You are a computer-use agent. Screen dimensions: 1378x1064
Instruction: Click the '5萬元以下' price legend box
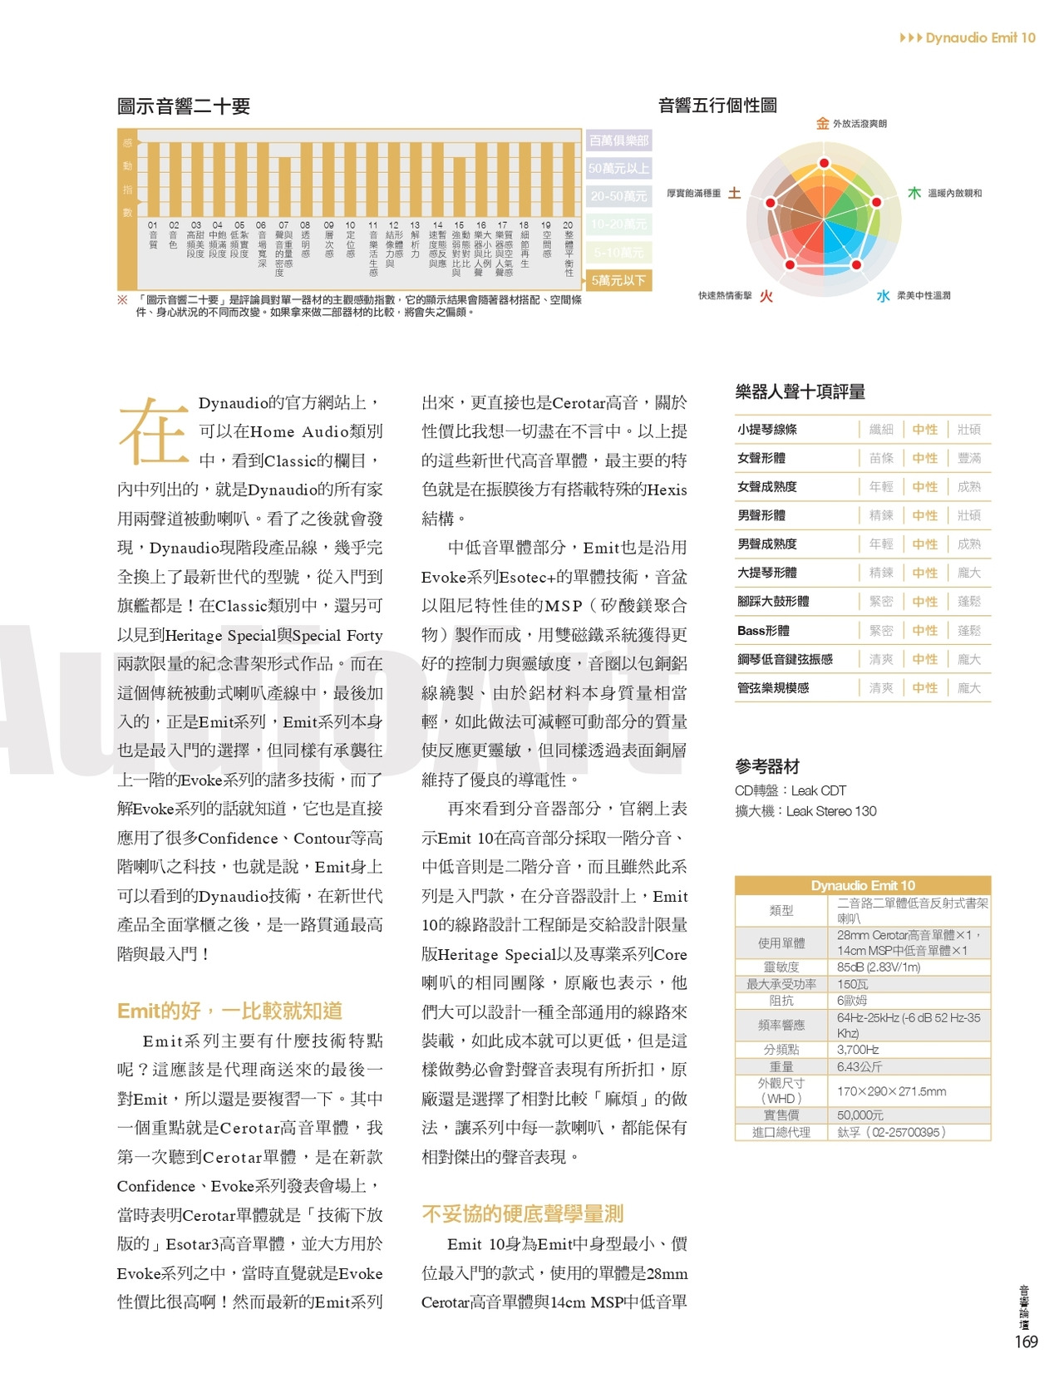[618, 280]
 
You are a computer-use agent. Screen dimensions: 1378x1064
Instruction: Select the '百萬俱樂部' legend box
[618, 140]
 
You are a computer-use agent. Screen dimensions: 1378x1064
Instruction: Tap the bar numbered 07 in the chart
[283, 186]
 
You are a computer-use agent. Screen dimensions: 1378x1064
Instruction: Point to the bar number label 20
[568, 225]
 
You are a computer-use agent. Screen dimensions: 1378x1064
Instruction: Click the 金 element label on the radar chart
[822, 124]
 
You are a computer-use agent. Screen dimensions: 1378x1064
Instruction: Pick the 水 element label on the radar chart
[883, 296]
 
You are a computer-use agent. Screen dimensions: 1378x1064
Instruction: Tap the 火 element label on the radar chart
[766, 296]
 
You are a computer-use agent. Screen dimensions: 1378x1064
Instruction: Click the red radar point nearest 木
[875, 202]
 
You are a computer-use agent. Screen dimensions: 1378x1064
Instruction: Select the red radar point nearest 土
[771, 202]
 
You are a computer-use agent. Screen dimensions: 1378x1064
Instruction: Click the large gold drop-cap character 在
[153, 431]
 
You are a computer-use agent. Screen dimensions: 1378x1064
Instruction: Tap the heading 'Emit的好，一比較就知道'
[229, 1011]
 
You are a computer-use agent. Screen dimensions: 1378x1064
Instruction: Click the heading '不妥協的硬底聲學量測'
[522, 1213]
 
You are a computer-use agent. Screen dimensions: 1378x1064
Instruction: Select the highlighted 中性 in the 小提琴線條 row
[924, 430]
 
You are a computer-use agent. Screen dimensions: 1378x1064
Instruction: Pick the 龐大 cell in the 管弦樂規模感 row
[969, 688]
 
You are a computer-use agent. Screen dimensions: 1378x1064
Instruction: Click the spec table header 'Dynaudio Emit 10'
[863, 885]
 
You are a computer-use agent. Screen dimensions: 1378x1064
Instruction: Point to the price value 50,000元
[860, 1115]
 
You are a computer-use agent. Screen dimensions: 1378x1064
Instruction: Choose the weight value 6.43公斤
[860, 1066]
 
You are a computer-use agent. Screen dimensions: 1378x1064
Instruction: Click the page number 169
[1026, 1341]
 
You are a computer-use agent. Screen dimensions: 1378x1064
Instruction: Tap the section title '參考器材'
[766, 766]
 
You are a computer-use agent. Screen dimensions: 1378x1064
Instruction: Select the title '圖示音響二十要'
[184, 106]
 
